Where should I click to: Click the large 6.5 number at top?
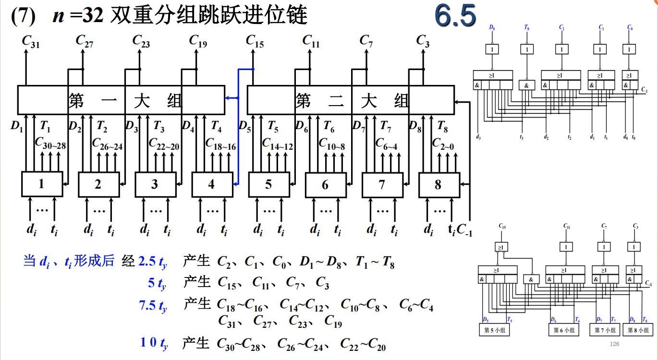tap(455, 15)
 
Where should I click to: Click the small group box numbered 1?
tap(42, 184)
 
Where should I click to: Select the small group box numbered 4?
tap(212, 184)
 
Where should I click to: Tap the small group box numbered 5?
tap(268, 184)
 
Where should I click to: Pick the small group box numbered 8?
tap(439, 184)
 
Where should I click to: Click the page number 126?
tap(614, 344)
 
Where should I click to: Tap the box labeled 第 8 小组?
tap(638, 330)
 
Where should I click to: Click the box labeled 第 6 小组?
tap(564, 330)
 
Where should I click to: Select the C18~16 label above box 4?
tap(220, 144)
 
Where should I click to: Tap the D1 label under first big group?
tap(17, 127)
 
